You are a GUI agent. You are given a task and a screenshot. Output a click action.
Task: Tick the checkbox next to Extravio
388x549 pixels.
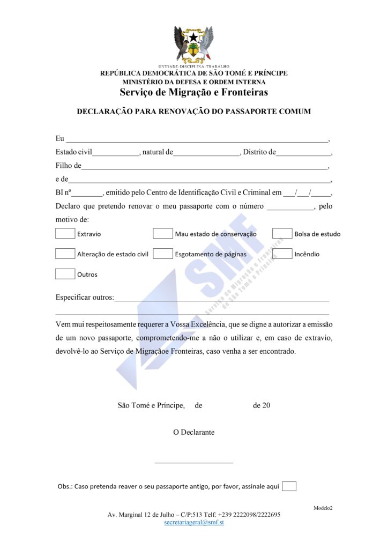click(x=65, y=233)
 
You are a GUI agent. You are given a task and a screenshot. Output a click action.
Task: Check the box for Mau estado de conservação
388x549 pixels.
click(x=162, y=233)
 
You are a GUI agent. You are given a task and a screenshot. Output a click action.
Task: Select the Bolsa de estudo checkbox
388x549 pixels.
click(x=282, y=233)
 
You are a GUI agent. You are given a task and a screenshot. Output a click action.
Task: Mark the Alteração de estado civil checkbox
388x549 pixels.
click(x=65, y=254)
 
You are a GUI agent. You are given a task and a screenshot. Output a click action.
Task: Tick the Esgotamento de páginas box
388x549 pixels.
click(x=162, y=254)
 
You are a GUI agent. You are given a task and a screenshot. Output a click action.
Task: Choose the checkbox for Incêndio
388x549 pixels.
click(x=282, y=254)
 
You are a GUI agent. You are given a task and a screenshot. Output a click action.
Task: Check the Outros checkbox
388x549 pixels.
click(x=65, y=274)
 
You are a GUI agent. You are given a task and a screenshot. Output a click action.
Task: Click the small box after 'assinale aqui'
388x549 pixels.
click(x=289, y=486)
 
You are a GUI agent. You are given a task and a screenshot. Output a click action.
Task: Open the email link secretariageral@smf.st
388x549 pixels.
click(x=194, y=522)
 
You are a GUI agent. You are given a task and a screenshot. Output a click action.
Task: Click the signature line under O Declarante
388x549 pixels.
click(x=193, y=462)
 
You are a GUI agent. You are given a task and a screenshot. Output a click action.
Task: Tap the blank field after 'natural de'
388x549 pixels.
click(x=207, y=154)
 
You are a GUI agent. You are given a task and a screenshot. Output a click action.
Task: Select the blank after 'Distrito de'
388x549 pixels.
click(x=304, y=154)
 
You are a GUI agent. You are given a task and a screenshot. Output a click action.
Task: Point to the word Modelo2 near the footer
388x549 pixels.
click(x=323, y=508)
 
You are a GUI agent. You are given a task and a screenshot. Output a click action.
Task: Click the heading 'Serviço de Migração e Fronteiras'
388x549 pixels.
click(x=194, y=92)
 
